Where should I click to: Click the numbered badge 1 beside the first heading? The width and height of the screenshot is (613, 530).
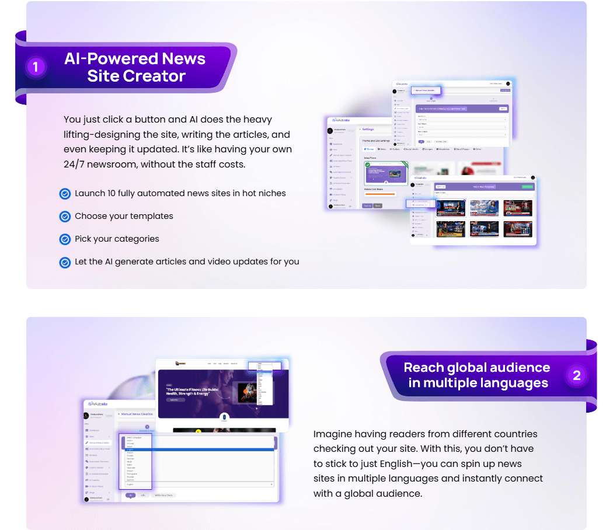(x=36, y=67)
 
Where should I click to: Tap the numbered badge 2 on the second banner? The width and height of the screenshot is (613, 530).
(x=577, y=375)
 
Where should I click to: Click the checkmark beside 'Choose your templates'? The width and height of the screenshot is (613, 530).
(x=65, y=217)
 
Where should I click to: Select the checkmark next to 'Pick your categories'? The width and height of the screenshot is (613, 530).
(x=65, y=239)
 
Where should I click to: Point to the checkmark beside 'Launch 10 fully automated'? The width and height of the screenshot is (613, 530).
(x=65, y=194)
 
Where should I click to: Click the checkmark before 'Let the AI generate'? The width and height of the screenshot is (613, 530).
(x=65, y=262)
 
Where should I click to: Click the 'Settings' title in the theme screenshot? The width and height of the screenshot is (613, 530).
(x=368, y=129)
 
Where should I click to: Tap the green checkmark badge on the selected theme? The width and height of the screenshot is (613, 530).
(x=368, y=165)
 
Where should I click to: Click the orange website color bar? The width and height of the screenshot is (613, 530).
(x=379, y=194)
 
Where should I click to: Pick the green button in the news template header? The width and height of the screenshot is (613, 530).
(x=527, y=187)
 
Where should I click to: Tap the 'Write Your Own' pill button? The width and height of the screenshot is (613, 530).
(x=164, y=495)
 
